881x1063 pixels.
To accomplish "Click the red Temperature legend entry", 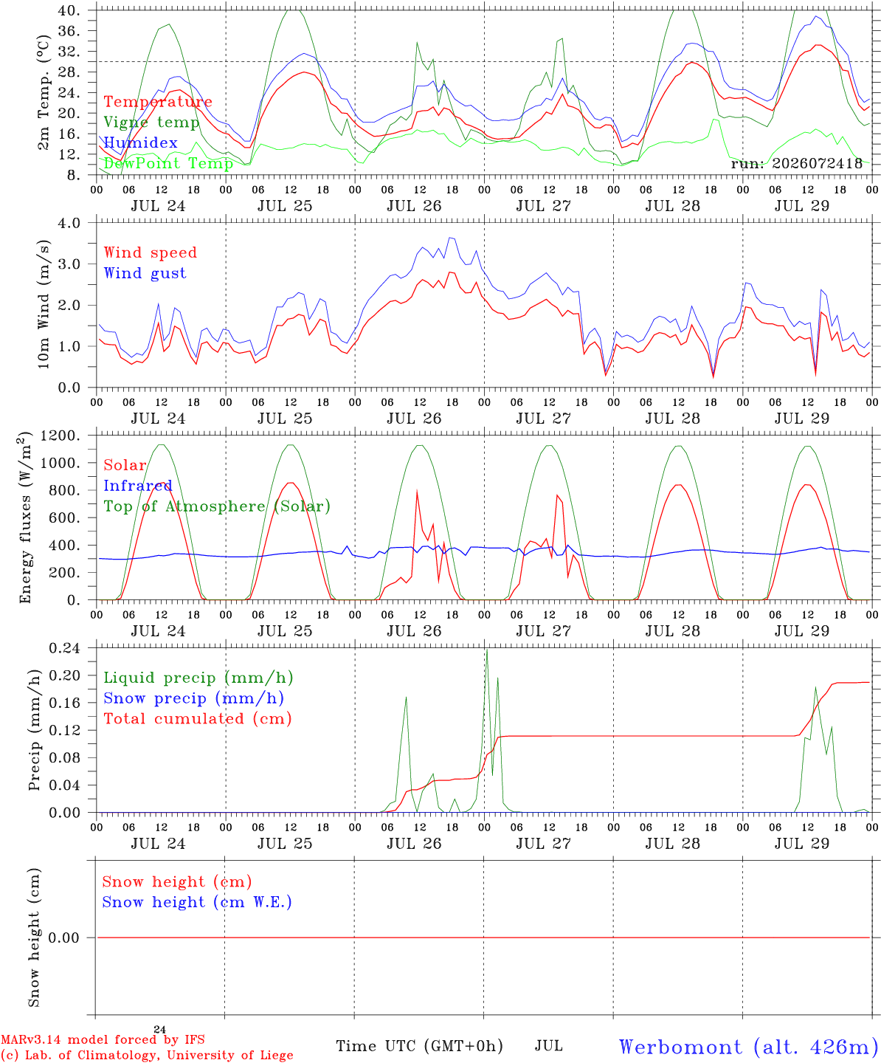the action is [x=158, y=101].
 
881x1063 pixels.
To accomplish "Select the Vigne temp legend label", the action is [x=151, y=123].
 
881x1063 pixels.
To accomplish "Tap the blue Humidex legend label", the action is [x=140, y=142].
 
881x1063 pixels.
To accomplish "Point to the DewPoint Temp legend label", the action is [x=168, y=163].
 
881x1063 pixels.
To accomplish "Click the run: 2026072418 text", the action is [x=796, y=163].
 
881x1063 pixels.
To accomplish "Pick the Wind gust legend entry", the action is [x=145, y=273].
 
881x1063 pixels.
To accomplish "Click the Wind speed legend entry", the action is [x=150, y=252].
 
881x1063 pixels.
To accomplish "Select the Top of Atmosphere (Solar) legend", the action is [x=217, y=506].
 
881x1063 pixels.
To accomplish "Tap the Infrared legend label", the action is [x=138, y=485].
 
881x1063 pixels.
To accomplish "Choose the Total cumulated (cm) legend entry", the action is [x=198, y=718].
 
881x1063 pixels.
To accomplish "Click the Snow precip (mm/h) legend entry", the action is [x=193, y=698].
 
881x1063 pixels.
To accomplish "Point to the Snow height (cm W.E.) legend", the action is [x=197, y=901].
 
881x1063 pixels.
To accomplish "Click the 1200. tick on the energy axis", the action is [x=61, y=436].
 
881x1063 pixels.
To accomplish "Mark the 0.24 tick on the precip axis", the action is [x=65, y=648].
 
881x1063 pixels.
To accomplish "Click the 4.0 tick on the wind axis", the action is [x=69, y=223].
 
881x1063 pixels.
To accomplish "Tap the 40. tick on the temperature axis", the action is [x=69, y=10].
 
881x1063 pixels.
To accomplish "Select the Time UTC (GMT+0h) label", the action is [x=419, y=1046].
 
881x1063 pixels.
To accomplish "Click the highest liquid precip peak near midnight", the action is [x=487, y=650].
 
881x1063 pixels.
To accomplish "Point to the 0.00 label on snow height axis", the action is [x=63, y=938].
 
